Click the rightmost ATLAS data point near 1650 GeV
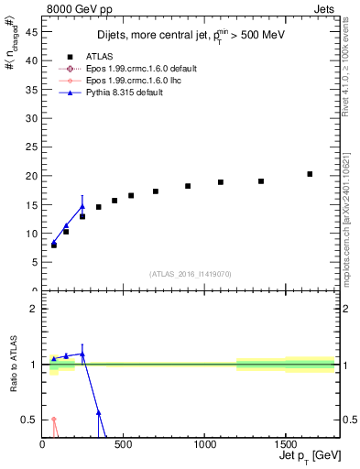click(310, 174)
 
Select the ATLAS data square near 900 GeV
click(188, 186)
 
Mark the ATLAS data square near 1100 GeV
click(221, 182)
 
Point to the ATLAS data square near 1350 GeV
click(261, 181)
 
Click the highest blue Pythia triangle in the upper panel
click(82, 206)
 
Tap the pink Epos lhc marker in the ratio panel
click(54, 420)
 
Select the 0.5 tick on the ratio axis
click(31, 420)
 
